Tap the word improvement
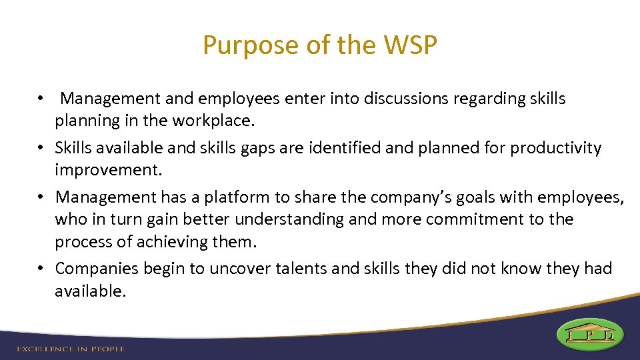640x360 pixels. (107, 170)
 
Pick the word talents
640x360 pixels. (303, 269)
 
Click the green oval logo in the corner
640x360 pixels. (589, 334)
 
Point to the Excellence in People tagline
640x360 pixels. (71, 348)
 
